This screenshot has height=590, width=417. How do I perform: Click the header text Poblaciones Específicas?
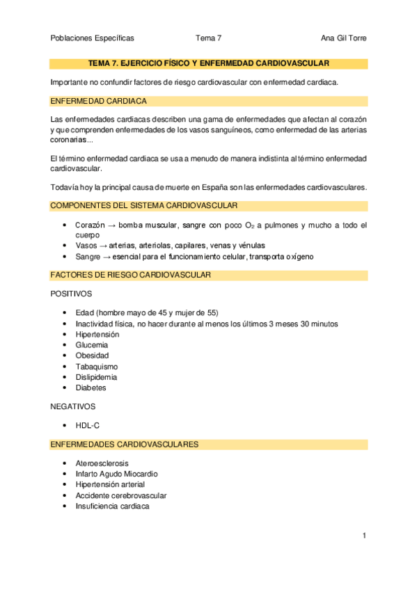93,38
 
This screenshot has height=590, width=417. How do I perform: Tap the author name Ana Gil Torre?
343,38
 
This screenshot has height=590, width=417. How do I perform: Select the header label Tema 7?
208,38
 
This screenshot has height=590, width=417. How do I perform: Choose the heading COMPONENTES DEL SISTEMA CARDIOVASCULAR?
143,206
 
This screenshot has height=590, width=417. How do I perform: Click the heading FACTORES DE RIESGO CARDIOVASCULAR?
131,276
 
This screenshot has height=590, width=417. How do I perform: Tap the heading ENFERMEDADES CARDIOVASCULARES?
125,444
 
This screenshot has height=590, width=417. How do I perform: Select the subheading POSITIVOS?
71,294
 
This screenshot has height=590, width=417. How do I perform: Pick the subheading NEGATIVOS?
73,406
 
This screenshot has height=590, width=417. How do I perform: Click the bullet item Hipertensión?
97,334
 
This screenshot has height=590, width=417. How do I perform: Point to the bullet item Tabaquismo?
97,366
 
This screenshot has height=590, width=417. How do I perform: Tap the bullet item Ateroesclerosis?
102,463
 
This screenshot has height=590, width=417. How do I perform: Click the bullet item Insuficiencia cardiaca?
112,506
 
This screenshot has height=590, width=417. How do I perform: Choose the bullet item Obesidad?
92,356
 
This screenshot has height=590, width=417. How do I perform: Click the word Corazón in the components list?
90,225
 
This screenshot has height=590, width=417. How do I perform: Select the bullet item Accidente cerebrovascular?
121,495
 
